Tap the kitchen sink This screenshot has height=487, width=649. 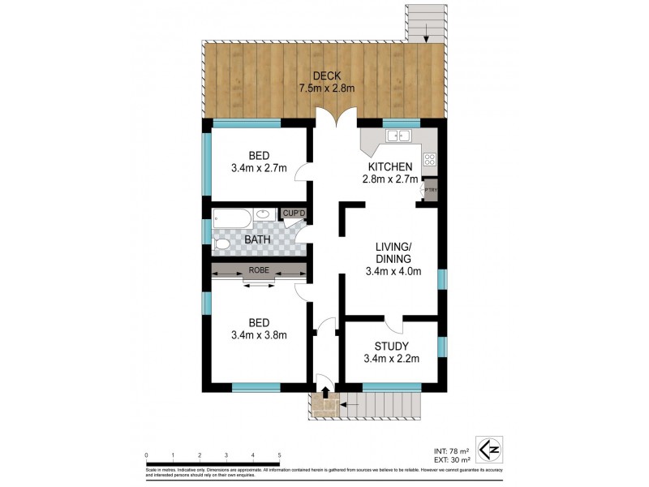coord(400,136)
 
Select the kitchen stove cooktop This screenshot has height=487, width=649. coord(430,160)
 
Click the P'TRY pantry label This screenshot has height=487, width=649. coord(431,190)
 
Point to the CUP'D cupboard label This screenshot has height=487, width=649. coord(294,213)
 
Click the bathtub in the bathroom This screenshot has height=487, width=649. coord(230,217)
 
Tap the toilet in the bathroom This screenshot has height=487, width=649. coord(221,243)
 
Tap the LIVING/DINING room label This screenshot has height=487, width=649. coord(393,259)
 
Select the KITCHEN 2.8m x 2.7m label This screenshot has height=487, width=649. coord(391,173)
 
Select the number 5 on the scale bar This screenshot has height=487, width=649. coord(279,455)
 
